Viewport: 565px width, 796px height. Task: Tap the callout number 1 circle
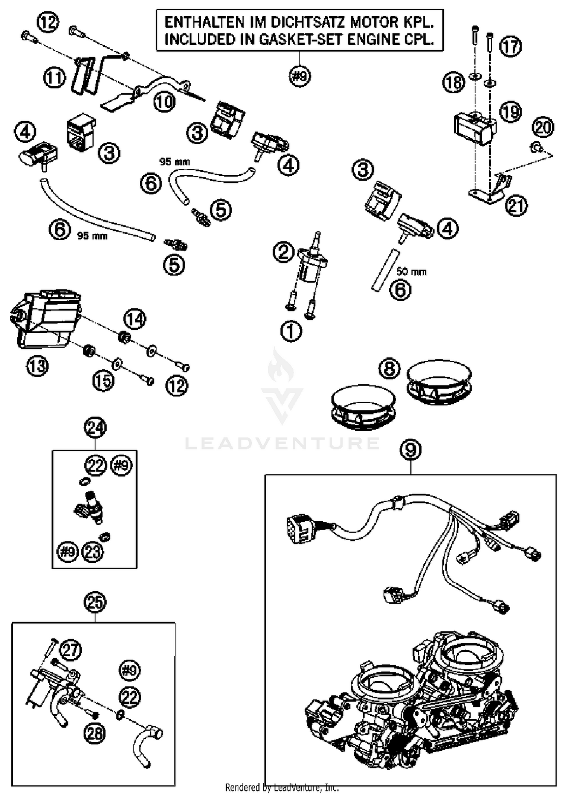click(x=291, y=332)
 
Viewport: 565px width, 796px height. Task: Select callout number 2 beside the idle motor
click(x=283, y=252)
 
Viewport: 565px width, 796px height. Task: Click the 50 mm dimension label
click(x=411, y=271)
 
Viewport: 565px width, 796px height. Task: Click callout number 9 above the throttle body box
click(x=411, y=450)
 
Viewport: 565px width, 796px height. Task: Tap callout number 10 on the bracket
click(x=165, y=101)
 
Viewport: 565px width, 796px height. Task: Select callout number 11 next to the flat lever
click(x=54, y=78)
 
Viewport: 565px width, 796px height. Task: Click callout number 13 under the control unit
click(x=38, y=366)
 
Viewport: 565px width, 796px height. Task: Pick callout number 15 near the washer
click(x=103, y=381)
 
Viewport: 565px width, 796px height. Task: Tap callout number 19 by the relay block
click(x=511, y=111)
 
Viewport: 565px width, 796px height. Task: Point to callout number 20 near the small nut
click(x=543, y=127)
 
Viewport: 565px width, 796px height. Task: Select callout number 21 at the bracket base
click(x=516, y=206)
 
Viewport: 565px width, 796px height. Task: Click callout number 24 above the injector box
click(x=95, y=428)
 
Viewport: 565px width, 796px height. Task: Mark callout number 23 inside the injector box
click(x=92, y=552)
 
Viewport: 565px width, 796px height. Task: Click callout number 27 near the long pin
click(x=70, y=650)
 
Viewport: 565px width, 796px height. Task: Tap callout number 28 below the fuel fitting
click(x=95, y=733)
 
